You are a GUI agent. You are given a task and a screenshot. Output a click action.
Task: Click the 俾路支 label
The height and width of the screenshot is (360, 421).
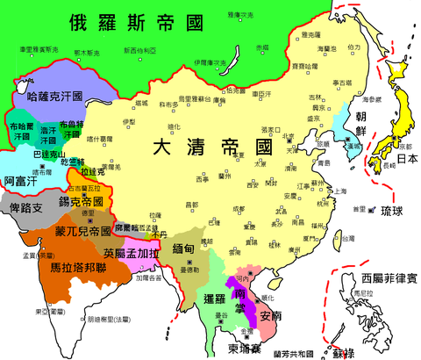pyautogui.click(x=25, y=211)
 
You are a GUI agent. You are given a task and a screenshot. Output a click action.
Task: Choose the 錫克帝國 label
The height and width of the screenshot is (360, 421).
pyautogui.click(x=85, y=201)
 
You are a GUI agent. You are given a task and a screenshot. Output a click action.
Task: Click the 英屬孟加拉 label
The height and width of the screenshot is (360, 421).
pyautogui.click(x=132, y=254)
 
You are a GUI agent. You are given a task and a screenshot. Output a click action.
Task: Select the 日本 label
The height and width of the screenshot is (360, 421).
pyautogui.click(x=404, y=160)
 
